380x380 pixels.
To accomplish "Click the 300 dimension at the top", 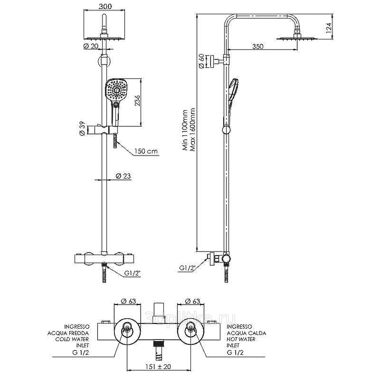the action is point(105,7).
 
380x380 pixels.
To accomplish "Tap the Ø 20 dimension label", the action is point(91,46).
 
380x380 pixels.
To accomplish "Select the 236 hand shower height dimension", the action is point(137,100).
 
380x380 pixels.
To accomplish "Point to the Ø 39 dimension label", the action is point(82,128).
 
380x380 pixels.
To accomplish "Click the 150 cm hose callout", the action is point(146,152).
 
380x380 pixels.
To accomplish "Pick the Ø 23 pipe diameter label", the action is point(123,176).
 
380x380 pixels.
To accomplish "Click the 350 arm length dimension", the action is point(257,46).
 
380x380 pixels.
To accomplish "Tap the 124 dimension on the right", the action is point(328,28).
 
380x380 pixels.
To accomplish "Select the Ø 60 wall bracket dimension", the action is point(201,61).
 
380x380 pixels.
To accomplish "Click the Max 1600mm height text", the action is point(193,130).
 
